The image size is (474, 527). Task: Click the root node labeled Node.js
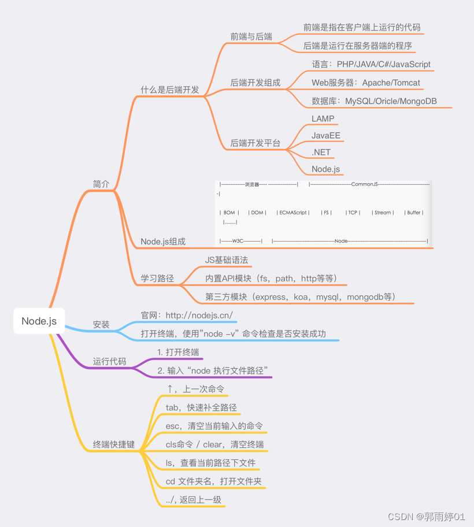[39, 321]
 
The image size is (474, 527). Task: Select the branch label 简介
[101, 184]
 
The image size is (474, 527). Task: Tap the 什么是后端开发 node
[170, 90]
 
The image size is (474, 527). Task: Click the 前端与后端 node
[251, 36]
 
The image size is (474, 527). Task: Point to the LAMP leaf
[323, 118]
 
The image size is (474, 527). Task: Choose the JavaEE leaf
[326, 136]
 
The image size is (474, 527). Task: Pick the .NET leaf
[321, 153]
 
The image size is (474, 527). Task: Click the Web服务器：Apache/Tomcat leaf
[366, 83]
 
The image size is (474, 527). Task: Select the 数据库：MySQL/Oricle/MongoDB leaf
[374, 101]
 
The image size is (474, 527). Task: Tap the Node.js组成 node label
[163, 242]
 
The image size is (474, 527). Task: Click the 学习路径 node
[157, 278]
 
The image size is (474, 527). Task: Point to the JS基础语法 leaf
[227, 260]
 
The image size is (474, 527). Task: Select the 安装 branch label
[101, 325]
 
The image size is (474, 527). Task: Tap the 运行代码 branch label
[109, 361]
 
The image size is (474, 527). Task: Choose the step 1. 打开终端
[178, 352]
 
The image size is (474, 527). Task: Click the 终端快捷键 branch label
[114, 444]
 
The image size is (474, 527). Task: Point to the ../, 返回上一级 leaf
[193, 500]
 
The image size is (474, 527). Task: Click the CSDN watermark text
[426, 516]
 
